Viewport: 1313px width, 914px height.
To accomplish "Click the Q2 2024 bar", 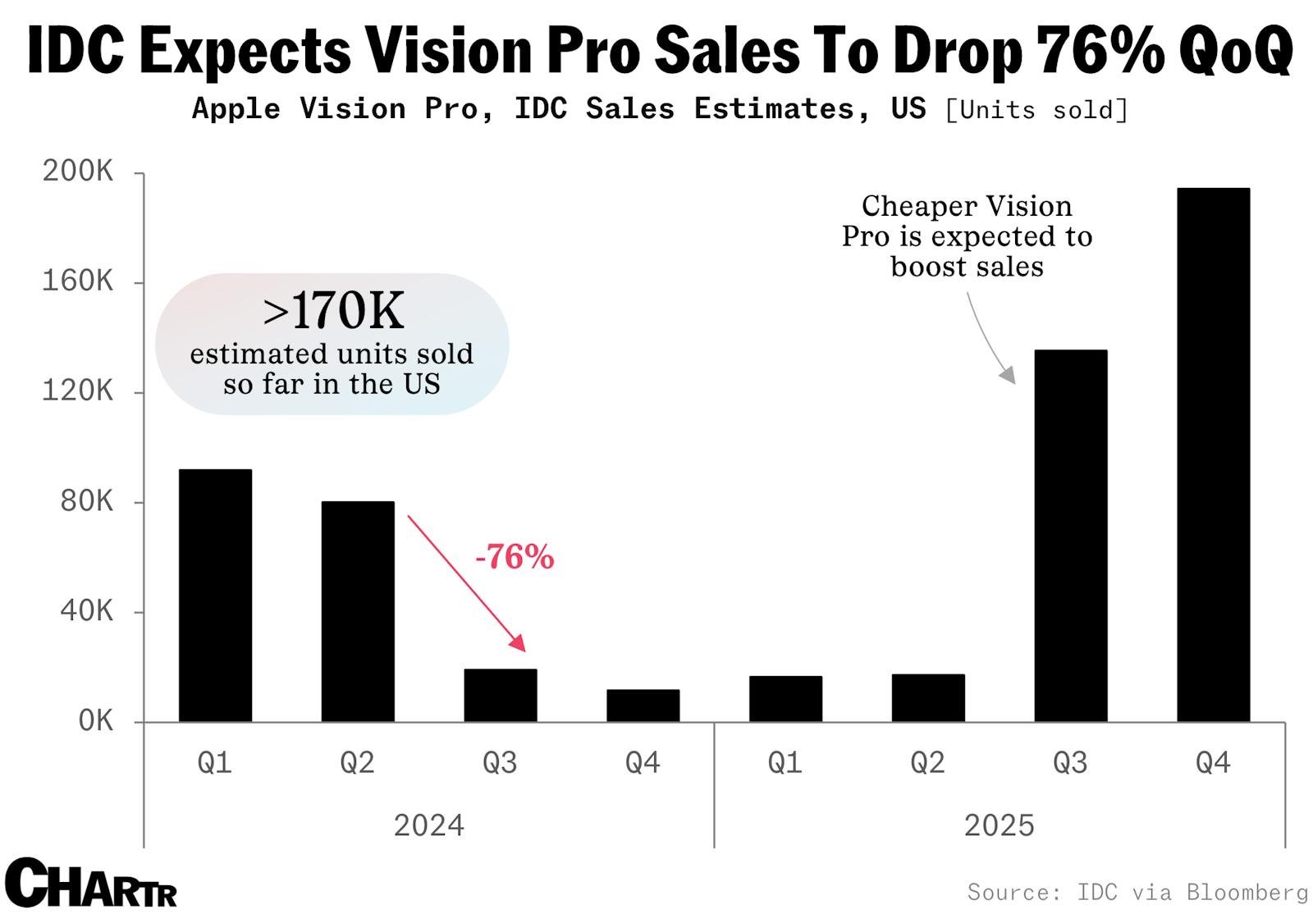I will pyautogui.click(x=358, y=611).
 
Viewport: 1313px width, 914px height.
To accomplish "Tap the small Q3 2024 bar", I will pyautogui.click(x=501, y=696).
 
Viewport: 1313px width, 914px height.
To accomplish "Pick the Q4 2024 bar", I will pyautogui.click(x=643, y=706).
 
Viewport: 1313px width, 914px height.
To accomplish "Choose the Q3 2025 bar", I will pyautogui.click(x=1070, y=536).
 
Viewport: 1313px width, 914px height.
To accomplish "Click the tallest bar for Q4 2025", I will pyautogui.click(x=1213, y=455).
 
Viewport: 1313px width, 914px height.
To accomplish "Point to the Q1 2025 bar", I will pyautogui.click(x=785, y=699).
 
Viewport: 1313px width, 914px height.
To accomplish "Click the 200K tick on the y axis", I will pyautogui.click(x=78, y=172).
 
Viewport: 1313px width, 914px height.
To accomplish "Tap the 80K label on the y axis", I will pyautogui.click(x=86, y=501).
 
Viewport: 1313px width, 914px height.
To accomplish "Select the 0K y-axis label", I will pyautogui.click(x=95, y=721).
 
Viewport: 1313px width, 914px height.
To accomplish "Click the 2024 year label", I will pyautogui.click(x=428, y=825).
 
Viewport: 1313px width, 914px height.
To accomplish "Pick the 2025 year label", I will pyautogui.click(x=999, y=825).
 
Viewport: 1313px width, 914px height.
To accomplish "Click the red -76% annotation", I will pyautogui.click(x=515, y=558).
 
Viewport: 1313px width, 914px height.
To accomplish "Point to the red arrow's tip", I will pyautogui.click(x=523, y=649).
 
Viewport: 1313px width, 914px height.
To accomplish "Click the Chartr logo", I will pyautogui.click(x=90, y=883).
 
